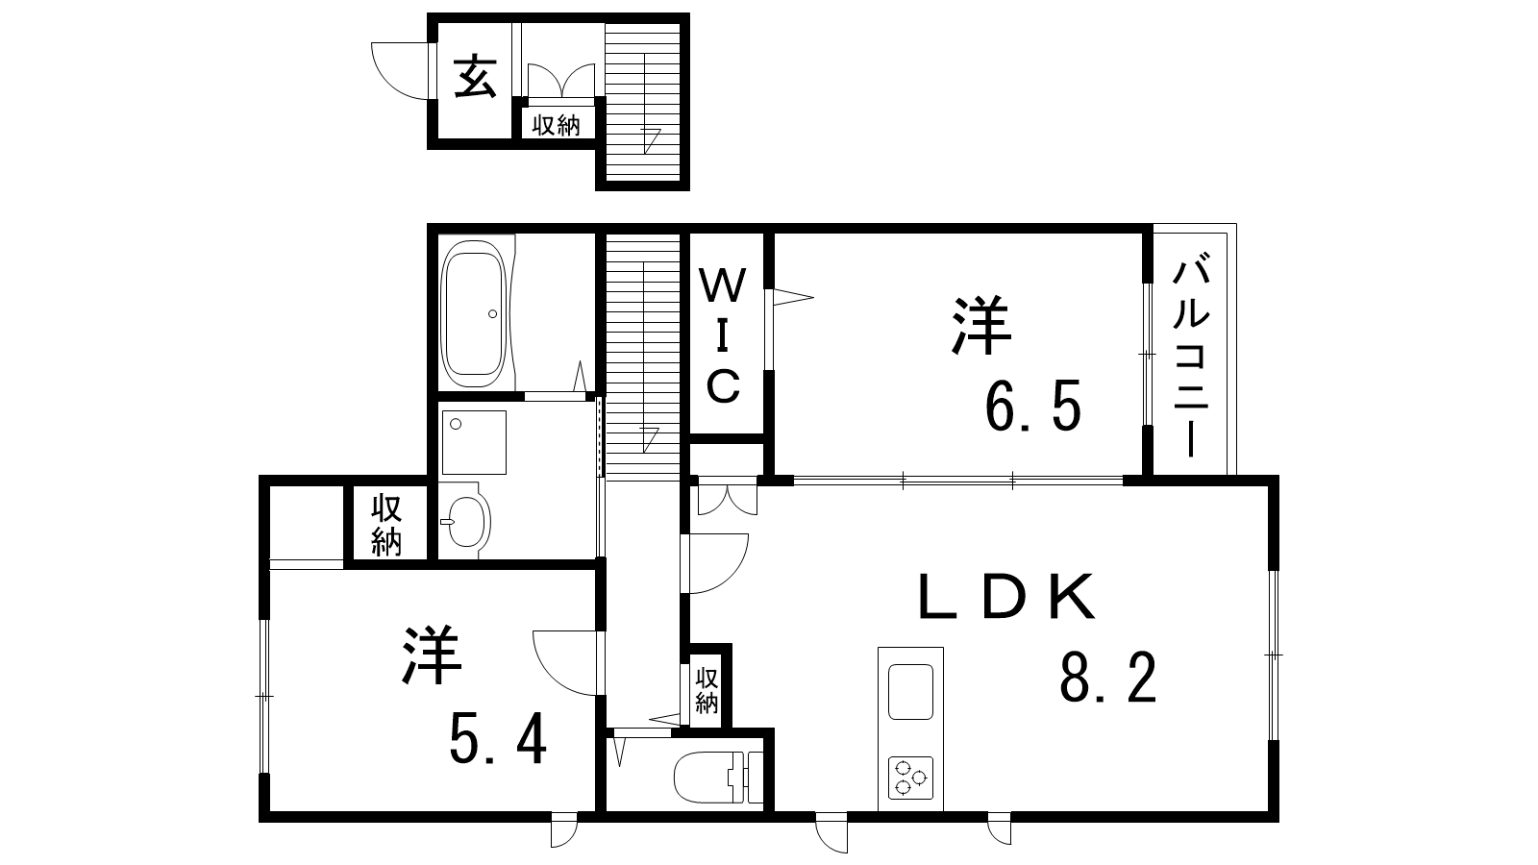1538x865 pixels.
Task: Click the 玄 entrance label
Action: pos(475,77)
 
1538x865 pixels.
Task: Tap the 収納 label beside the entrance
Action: pos(557,125)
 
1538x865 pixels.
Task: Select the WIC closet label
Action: pos(723,335)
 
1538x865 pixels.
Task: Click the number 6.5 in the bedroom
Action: pos(1033,406)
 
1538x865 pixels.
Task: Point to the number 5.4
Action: pos(498,738)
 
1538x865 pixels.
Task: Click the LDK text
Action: pos(1006,596)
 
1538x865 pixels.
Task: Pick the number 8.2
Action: pos(1108,678)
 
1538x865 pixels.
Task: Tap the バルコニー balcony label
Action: pos(1191,357)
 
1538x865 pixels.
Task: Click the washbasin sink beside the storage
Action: pos(464,521)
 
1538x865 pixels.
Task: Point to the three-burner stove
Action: pos(910,778)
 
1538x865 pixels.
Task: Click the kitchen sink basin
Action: pos(910,691)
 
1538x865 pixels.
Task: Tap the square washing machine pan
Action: pos(474,442)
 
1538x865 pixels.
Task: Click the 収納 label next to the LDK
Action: pos(707,690)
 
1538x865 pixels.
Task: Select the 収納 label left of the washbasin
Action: pos(386,525)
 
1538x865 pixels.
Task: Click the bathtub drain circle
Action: pos(492,313)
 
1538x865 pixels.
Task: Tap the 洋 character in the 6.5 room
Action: pos(981,326)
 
